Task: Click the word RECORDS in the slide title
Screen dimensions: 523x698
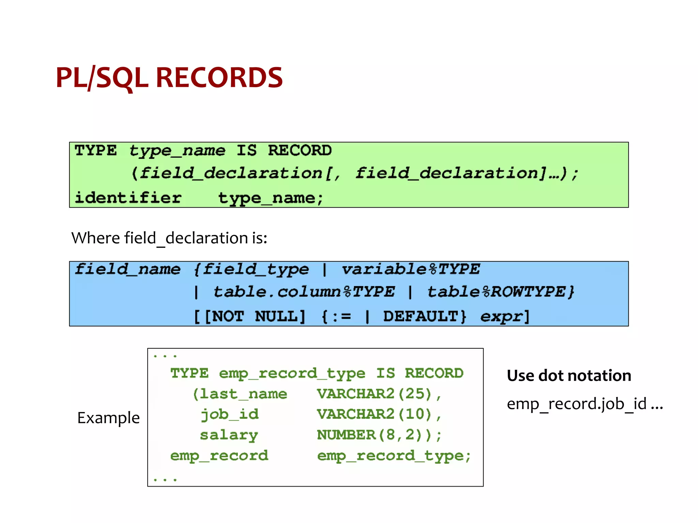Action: [219, 78]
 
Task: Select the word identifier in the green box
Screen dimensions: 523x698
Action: [128, 198]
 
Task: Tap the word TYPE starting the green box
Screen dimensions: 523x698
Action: [96, 150]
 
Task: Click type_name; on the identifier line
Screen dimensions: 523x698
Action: [271, 198]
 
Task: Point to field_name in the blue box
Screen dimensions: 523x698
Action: [128, 269]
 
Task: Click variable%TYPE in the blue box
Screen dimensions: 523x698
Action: [411, 269]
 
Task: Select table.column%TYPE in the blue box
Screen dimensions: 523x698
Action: [304, 292]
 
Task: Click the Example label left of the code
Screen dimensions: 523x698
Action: [108, 418]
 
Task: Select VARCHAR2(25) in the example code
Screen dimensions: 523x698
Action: [374, 394]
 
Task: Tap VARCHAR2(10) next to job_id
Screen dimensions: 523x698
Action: [374, 414]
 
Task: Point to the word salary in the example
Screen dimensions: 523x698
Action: [229, 435]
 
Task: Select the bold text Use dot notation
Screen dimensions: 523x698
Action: [569, 376]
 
